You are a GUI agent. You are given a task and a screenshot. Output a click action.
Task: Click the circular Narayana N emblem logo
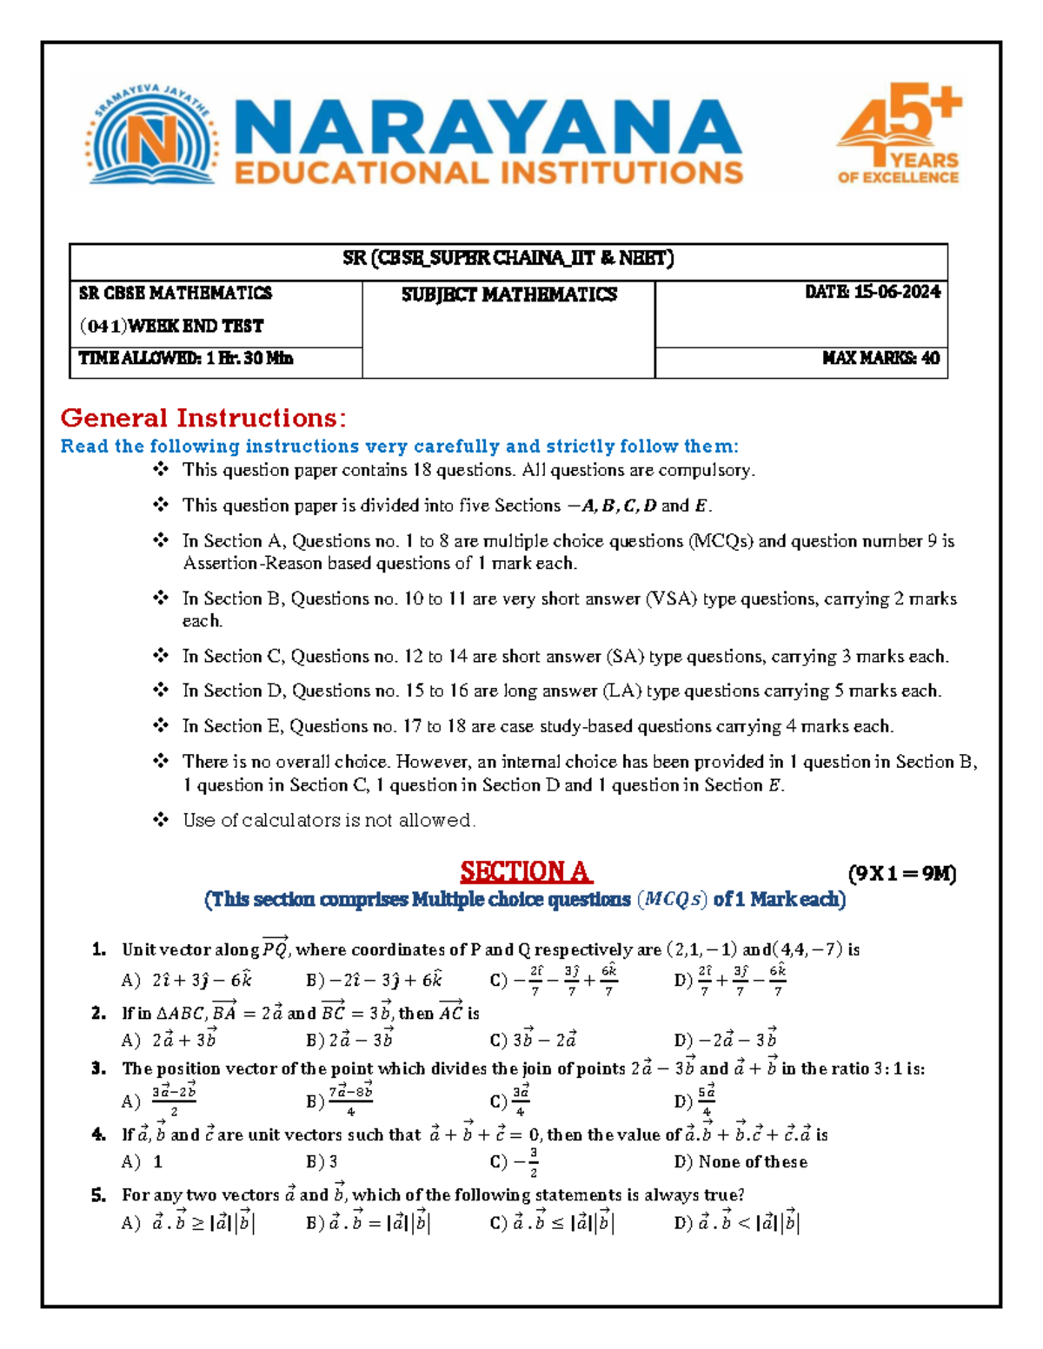[x=151, y=139]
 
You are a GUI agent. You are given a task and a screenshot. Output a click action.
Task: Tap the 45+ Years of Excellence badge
[x=899, y=135]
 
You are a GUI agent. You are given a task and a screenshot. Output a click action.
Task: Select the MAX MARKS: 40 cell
[x=880, y=358]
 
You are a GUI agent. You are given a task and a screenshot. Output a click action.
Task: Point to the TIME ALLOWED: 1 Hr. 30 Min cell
[x=186, y=358]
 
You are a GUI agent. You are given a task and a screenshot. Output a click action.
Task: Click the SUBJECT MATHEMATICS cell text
[x=508, y=295]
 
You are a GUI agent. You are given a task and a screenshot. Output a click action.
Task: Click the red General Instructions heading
[x=203, y=418]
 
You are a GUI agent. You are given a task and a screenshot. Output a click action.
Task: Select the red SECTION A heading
[x=526, y=871]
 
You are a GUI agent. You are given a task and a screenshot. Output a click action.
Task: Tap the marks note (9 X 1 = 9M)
[x=901, y=874]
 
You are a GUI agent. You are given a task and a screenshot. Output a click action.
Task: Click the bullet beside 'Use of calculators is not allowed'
[x=161, y=819]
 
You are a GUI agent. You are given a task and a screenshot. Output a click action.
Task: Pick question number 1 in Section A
[x=98, y=949]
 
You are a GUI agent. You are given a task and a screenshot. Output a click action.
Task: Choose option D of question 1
[x=730, y=980]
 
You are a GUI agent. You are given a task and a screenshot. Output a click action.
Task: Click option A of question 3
[x=162, y=1101]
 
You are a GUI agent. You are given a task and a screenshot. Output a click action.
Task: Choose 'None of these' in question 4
[x=741, y=1161]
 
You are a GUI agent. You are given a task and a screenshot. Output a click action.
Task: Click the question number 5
[x=98, y=1195]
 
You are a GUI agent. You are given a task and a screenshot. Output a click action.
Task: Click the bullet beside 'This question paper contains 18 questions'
[x=161, y=470]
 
